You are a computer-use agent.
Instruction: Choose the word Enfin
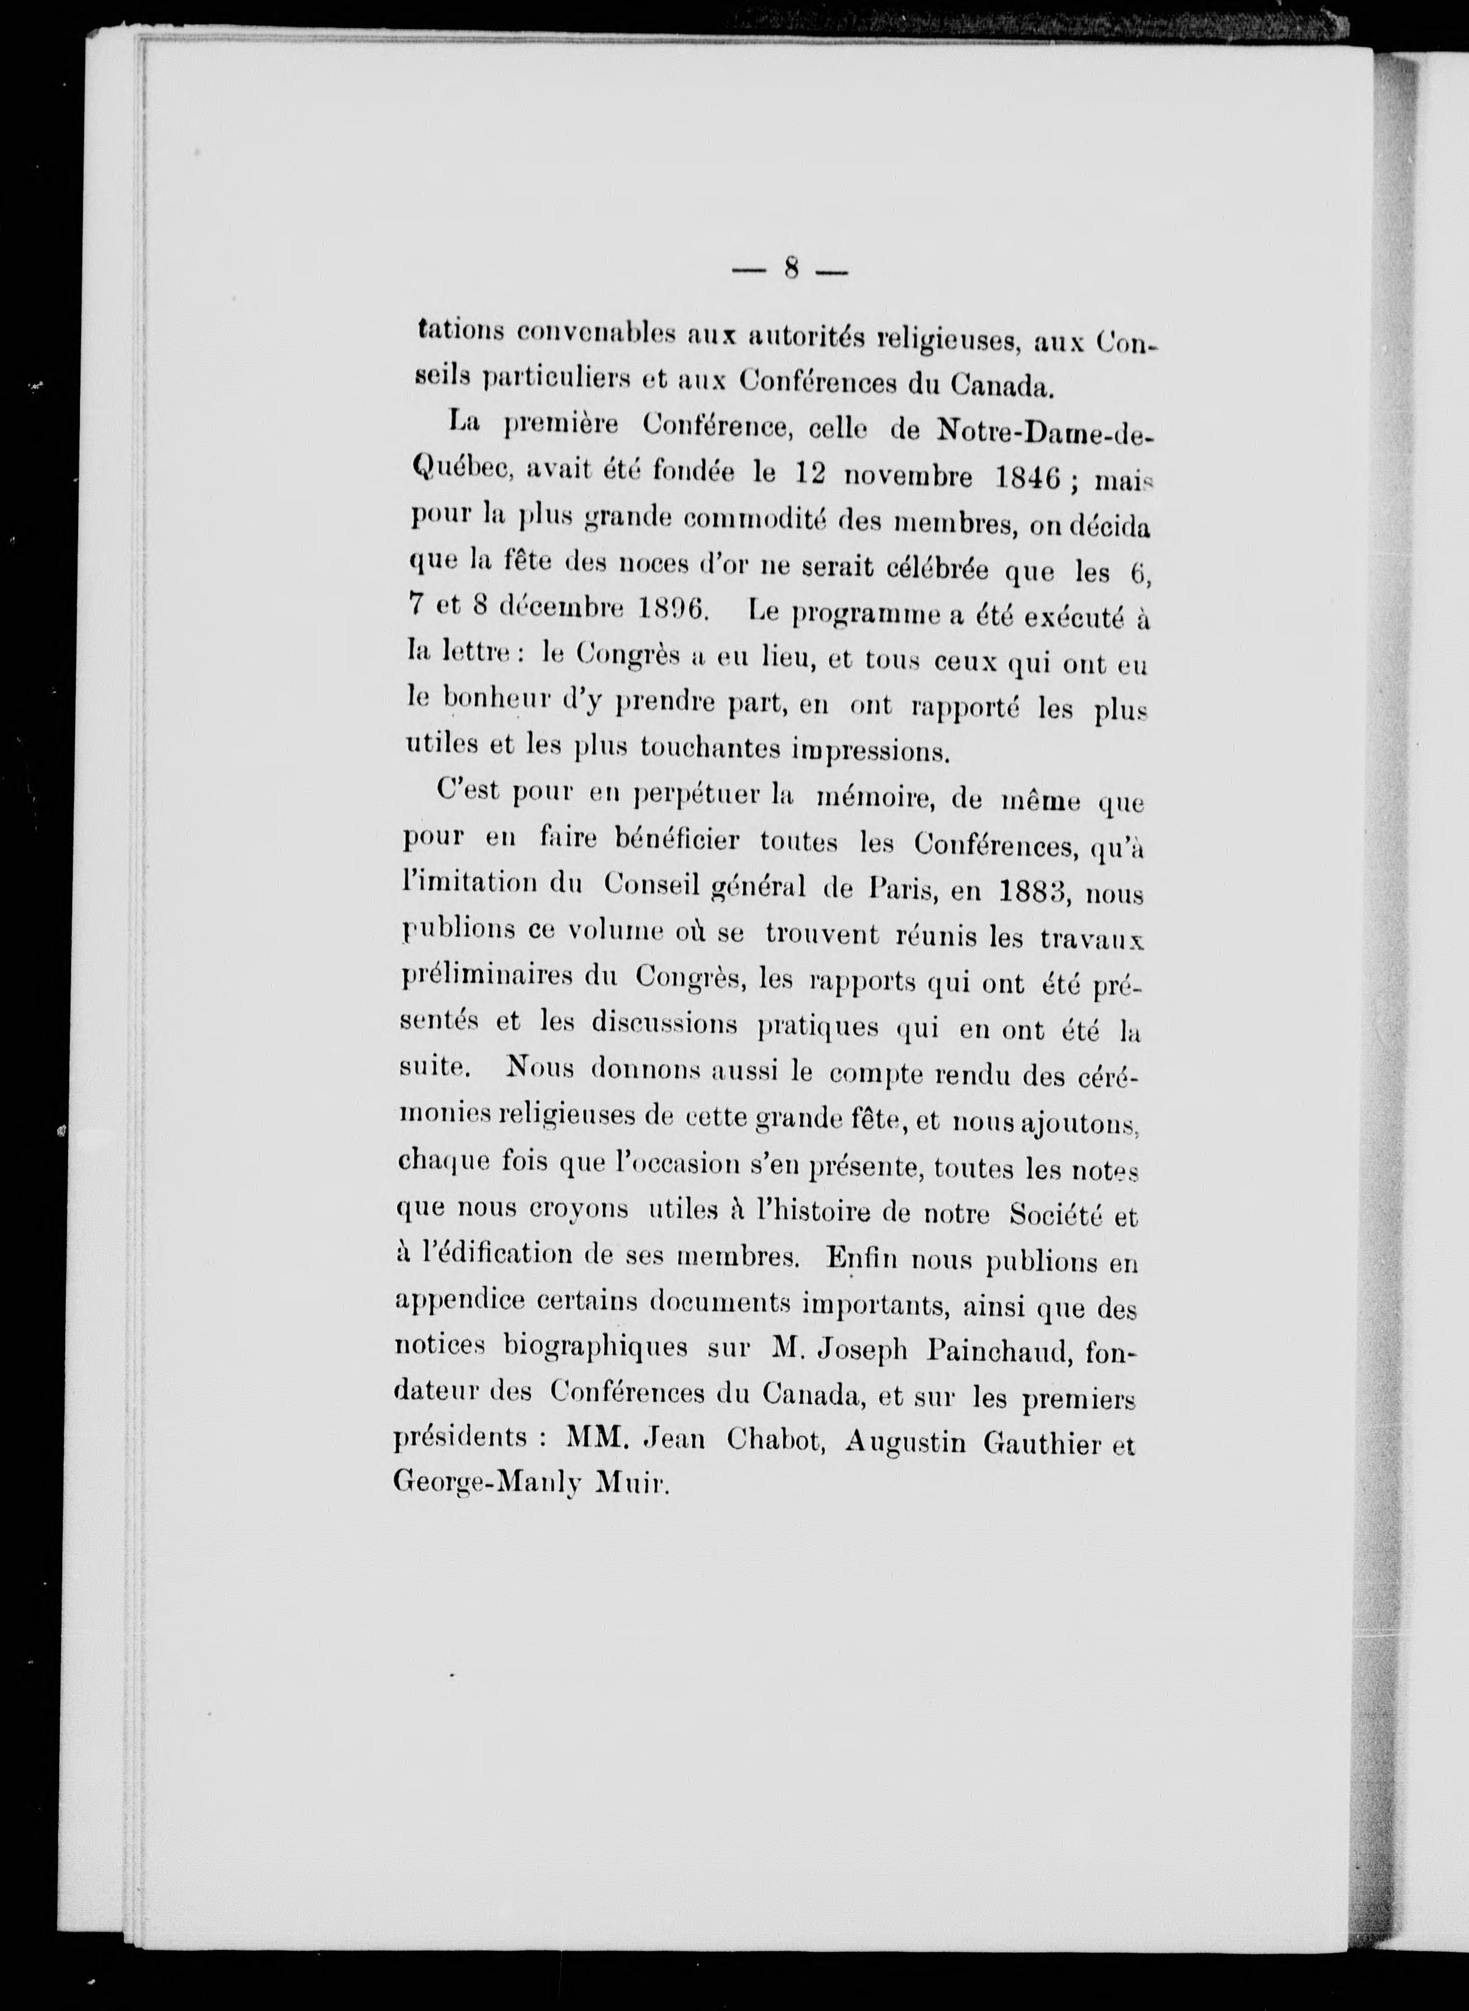point(855,1259)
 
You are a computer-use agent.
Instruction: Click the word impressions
point(872,750)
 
